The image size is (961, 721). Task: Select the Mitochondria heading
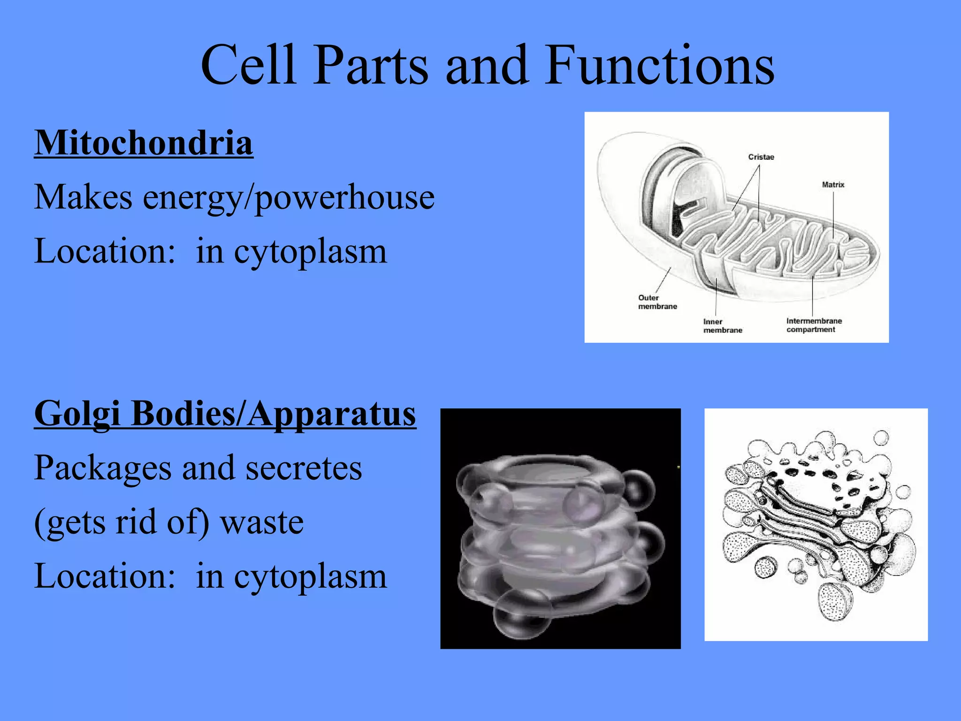point(144,143)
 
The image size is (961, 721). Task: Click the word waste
point(262,522)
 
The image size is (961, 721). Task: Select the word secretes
point(304,469)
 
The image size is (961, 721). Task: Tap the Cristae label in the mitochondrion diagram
point(761,157)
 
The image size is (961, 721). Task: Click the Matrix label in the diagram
point(833,184)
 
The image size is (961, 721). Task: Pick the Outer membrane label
point(657,302)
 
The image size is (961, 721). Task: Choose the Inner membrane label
point(722,326)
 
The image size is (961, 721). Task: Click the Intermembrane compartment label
point(814,325)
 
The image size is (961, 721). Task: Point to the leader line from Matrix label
point(833,214)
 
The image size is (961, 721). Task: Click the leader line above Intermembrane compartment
point(813,296)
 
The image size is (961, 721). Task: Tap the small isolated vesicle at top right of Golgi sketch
point(881,437)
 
